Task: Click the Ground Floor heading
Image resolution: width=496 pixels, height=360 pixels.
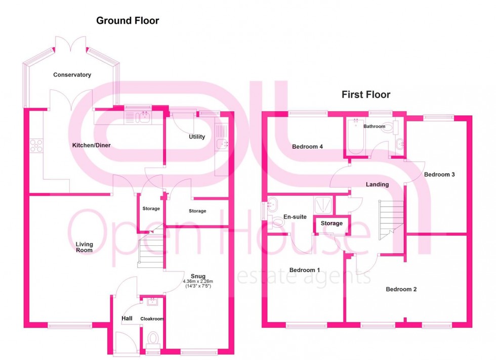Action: [128, 21]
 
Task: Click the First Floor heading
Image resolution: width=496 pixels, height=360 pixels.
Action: [366, 95]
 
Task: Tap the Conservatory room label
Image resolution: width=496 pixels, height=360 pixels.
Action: [72, 75]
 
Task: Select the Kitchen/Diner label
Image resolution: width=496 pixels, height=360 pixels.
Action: [92, 145]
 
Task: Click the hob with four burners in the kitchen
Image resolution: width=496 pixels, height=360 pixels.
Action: [36, 146]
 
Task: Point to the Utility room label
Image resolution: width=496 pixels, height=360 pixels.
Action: [197, 137]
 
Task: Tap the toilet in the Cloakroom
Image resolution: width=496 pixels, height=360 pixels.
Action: [152, 338]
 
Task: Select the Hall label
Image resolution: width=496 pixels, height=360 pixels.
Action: [127, 319]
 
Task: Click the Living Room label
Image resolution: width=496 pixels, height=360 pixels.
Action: [84, 247]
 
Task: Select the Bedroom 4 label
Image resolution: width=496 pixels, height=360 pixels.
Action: [308, 147]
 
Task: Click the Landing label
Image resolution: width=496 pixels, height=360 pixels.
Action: [377, 185]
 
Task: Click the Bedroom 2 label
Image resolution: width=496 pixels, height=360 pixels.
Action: [401, 289]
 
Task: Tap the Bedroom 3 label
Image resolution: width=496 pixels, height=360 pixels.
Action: [439, 174]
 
